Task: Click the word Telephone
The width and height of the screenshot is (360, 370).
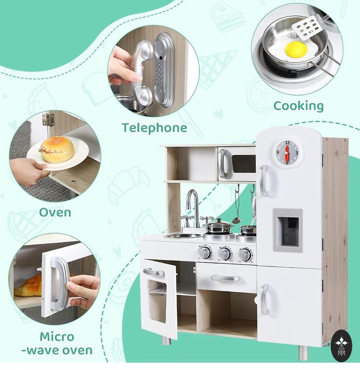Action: pyautogui.click(x=154, y=128)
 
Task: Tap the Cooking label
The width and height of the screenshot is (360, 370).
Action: pyautogui.click(x=298, y=106)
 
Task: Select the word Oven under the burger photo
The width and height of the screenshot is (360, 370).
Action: pyautogui.click(x=55, y=212)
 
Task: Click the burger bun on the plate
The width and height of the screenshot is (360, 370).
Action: pyautogui.click(x=57, y=149)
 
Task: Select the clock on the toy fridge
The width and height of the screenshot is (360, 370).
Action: pyautogui.click(x=287, y=152)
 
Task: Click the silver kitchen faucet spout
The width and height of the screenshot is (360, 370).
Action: pyautogui.click(x=193, y=202)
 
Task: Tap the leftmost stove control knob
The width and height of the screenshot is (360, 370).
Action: pyautogui.click(x=205, y=253)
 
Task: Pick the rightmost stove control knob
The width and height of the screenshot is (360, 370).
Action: pyautogui.click(x=245, y=254)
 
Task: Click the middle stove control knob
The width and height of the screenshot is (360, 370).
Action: pyautogui.click(x=225, y=254)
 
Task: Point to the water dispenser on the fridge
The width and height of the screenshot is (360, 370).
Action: pyautogui.click(x=288, y=231)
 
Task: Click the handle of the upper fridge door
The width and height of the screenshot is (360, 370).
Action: pyautogui.click(x=265, y=181)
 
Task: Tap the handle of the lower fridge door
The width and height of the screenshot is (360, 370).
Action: pyautogui.click(x=265, y=300)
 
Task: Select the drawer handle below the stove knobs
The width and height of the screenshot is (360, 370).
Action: pyautogui.click(x=225, y=278)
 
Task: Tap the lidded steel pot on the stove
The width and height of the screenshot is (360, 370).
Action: pyautogui.click(x=219, y=227)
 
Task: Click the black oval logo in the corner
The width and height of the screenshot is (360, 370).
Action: pyautogui.click(x=341, y=345)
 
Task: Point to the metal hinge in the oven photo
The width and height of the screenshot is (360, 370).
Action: pyautogui.click(x=48, y=119)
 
